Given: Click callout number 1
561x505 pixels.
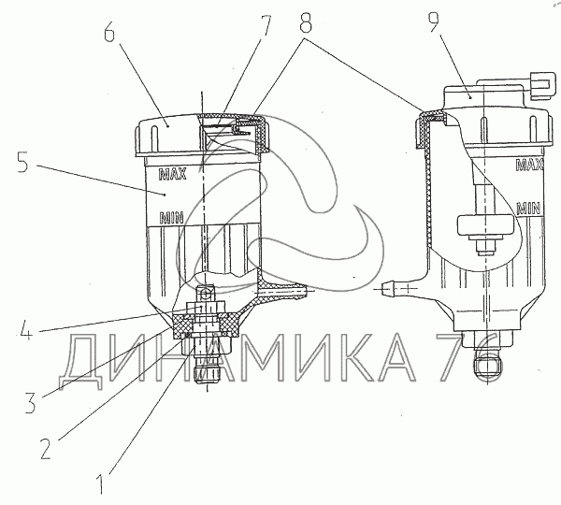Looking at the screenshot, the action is click(x=101, y=484).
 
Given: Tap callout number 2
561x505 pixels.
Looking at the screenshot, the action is click(x=46, y=449).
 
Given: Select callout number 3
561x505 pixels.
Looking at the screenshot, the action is click(x=31, y=402).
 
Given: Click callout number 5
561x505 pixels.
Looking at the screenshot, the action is click(x=22, y=162).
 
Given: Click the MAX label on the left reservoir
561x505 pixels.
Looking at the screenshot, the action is click(x=172, y=174).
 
